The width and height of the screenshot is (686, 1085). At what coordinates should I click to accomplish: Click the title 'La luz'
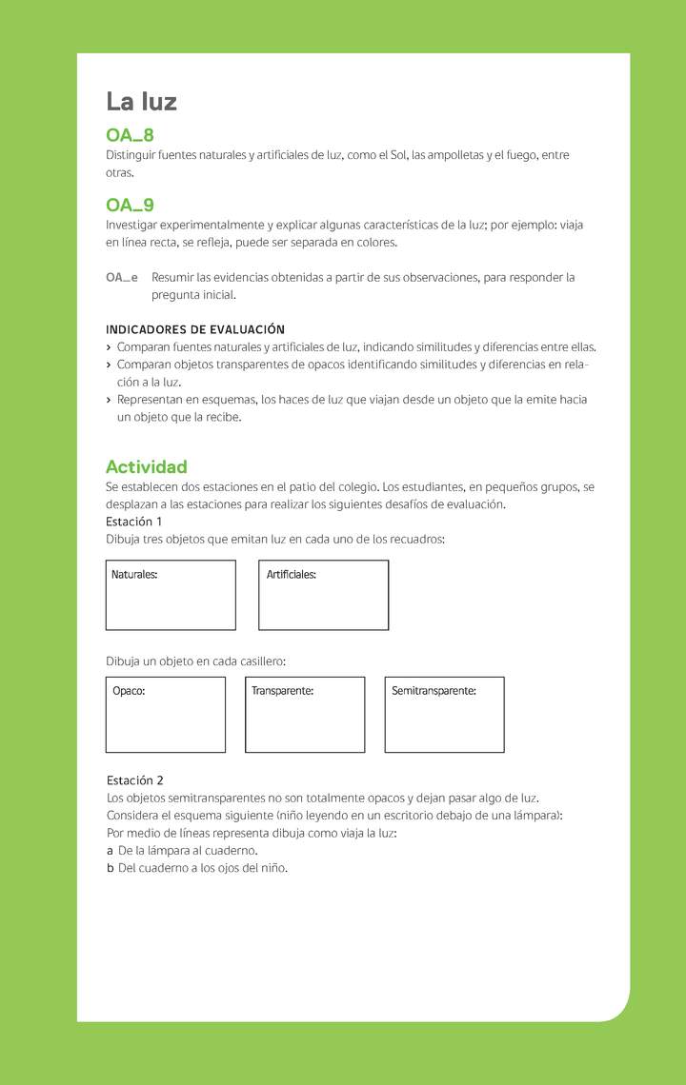[x=141, y=102]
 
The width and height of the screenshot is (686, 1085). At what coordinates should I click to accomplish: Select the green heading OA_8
[x=130, y=135]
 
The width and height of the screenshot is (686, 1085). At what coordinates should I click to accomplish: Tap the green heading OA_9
[x=130, y=205]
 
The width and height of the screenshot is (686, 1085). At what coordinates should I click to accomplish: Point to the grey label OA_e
[x=121, y=278]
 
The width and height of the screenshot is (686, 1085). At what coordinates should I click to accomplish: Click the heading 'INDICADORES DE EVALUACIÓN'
[x=195, y=329]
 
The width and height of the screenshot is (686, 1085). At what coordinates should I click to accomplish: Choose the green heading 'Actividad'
[x=146, y=466]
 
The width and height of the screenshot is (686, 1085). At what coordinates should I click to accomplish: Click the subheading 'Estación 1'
[x=133, y=522]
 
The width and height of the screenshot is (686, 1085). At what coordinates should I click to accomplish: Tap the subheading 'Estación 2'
[x=135, y=780]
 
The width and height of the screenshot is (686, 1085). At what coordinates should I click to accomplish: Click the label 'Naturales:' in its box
[x=134, y=575]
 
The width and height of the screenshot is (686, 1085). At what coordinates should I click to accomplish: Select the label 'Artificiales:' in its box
[x=292, y=575]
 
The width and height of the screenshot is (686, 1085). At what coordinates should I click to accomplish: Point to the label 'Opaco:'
[x=129, y=691]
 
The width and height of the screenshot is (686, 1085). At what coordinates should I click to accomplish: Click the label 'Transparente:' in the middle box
[x=283, y=691]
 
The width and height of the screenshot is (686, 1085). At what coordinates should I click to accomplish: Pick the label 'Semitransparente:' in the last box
[x=434, y=691]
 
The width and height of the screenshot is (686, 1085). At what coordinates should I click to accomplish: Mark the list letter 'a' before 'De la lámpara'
[x=110, y=851]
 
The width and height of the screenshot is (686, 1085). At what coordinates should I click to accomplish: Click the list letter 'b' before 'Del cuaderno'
[x=111, y=868]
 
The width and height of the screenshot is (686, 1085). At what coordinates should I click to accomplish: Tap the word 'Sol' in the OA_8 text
[x=397, y=155]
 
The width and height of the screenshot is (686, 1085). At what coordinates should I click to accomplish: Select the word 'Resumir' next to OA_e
[x=172, y=278]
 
